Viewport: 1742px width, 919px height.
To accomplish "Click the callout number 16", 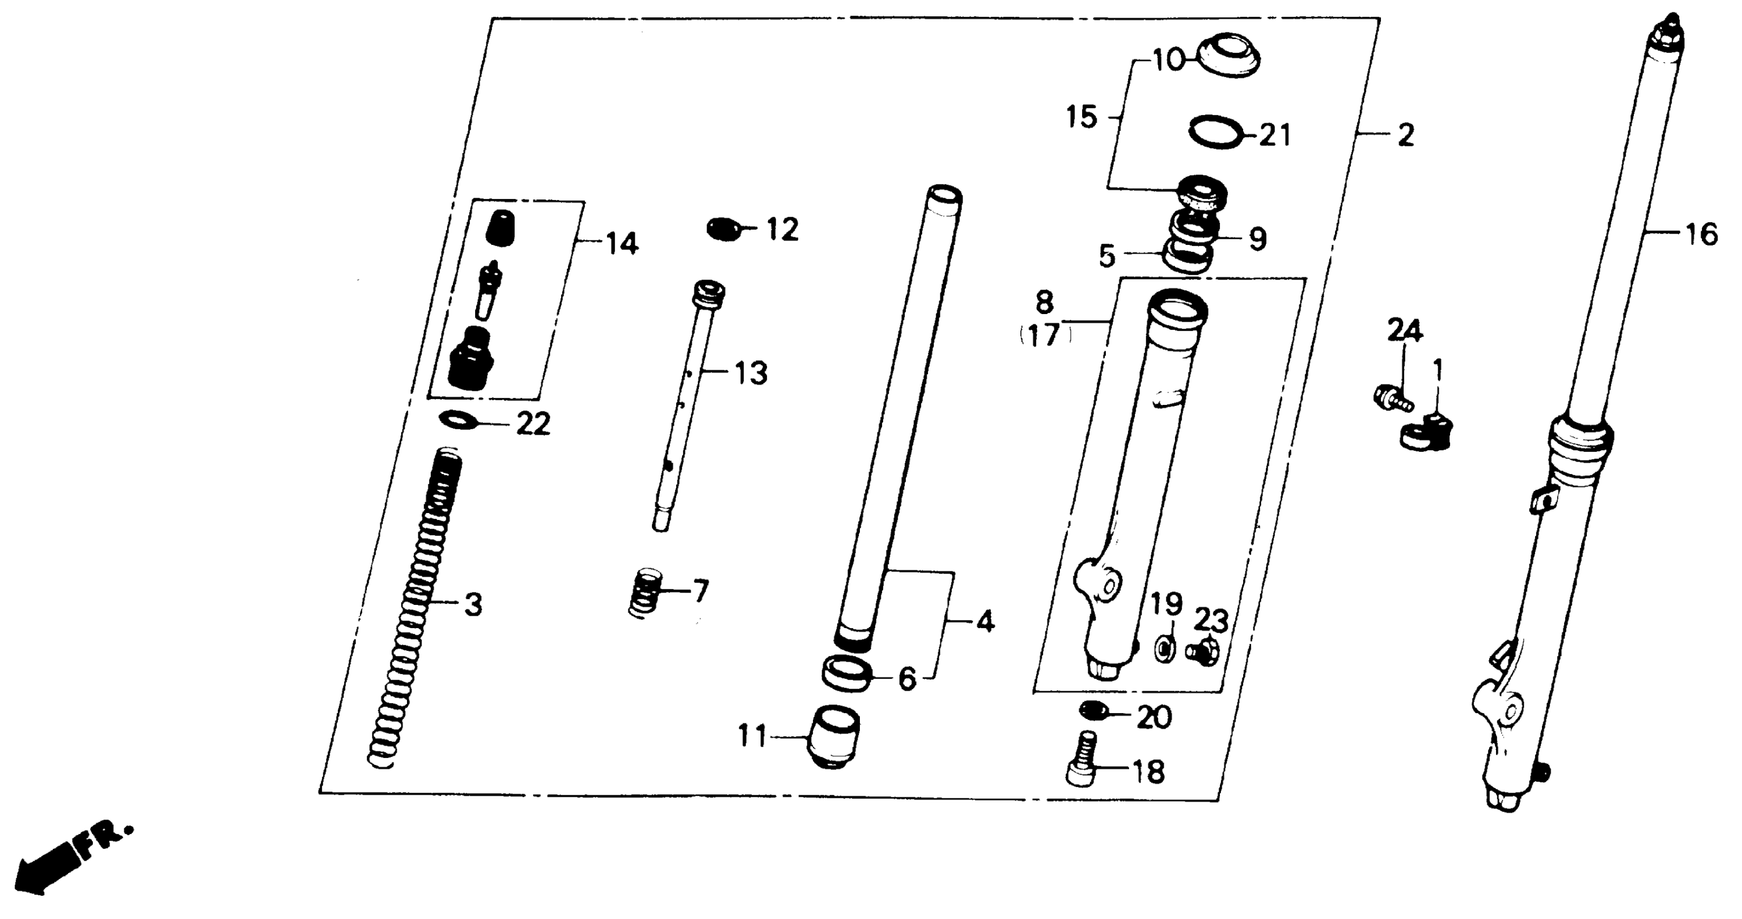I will point(1701,235).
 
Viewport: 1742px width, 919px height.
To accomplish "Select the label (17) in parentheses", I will point(1045,335).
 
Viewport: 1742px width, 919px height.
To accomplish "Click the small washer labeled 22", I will point(458,420).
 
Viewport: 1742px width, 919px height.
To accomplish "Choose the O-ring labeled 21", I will point(1215,131).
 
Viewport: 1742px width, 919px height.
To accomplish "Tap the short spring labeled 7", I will point(647,592).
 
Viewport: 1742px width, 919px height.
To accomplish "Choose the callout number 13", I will point(751,374).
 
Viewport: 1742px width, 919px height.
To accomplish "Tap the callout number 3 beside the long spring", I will point(473,604).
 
